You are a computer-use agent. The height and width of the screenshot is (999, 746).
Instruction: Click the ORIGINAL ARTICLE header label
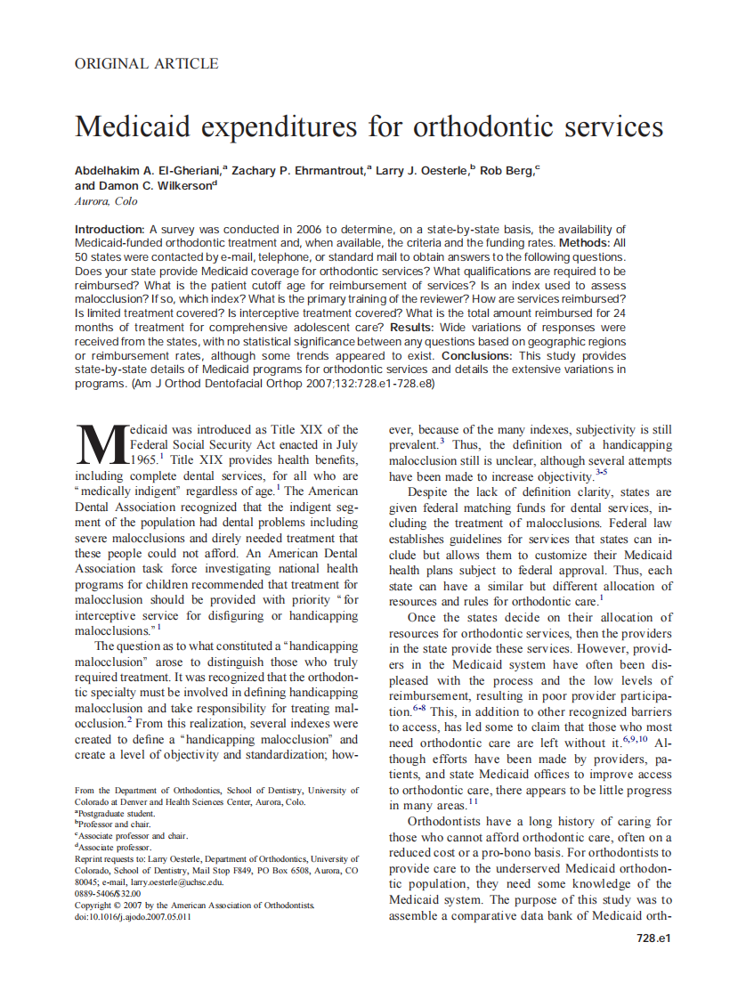pos(146,63)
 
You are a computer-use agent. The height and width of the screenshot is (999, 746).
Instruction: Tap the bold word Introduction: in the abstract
pos(110,230)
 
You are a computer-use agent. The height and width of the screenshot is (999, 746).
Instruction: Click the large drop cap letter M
pos(100,444)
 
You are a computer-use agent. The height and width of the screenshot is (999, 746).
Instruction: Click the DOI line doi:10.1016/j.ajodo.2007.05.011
pos(133,916)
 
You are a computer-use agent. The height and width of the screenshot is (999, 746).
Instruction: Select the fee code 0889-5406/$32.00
pos(108,893)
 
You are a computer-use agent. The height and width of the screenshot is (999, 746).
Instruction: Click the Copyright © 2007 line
pos(195,905)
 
